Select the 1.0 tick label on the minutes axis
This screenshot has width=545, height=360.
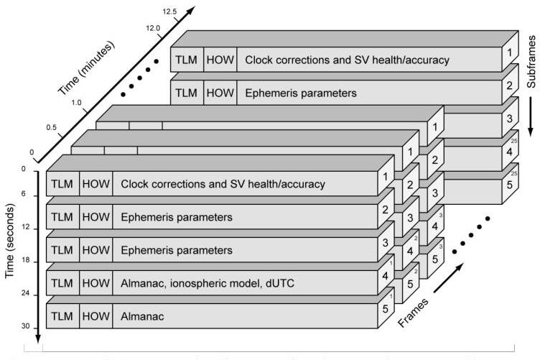click(x=76, y=103)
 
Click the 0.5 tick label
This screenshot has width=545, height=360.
click(x=52, y=126)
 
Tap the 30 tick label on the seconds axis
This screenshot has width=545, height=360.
click(x=26, y=328)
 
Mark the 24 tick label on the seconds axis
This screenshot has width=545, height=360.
click(x=26, y=295)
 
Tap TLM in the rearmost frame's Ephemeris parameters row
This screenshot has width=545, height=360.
click(x=186, y=93)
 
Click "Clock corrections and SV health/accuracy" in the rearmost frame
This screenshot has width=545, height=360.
click(x=348, y=60)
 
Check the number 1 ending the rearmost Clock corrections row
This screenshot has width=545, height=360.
click(x=508, y=53)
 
